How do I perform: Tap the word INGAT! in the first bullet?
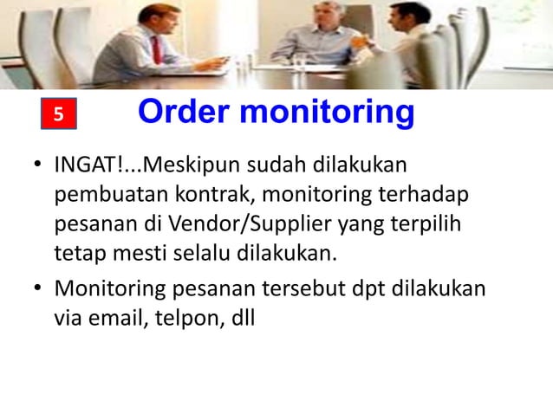[x=88, y=165]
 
